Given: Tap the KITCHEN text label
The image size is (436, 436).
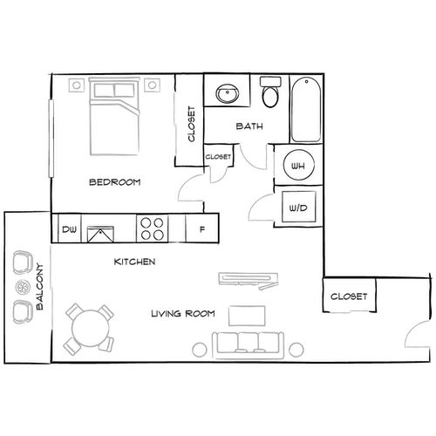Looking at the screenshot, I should (135, 262).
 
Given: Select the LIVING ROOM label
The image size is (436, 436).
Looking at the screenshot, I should (181, 313).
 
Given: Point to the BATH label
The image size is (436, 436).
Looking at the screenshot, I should (249, 127).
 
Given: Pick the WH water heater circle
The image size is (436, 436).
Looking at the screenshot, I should (296, 167).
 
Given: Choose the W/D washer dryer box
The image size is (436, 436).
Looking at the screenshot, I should (296, 208).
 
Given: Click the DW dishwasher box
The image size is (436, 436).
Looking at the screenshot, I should (68, 230).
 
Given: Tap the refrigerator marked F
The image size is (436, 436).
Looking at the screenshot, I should (202, 230).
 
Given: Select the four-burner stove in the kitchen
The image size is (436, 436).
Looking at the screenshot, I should (152, 228).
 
